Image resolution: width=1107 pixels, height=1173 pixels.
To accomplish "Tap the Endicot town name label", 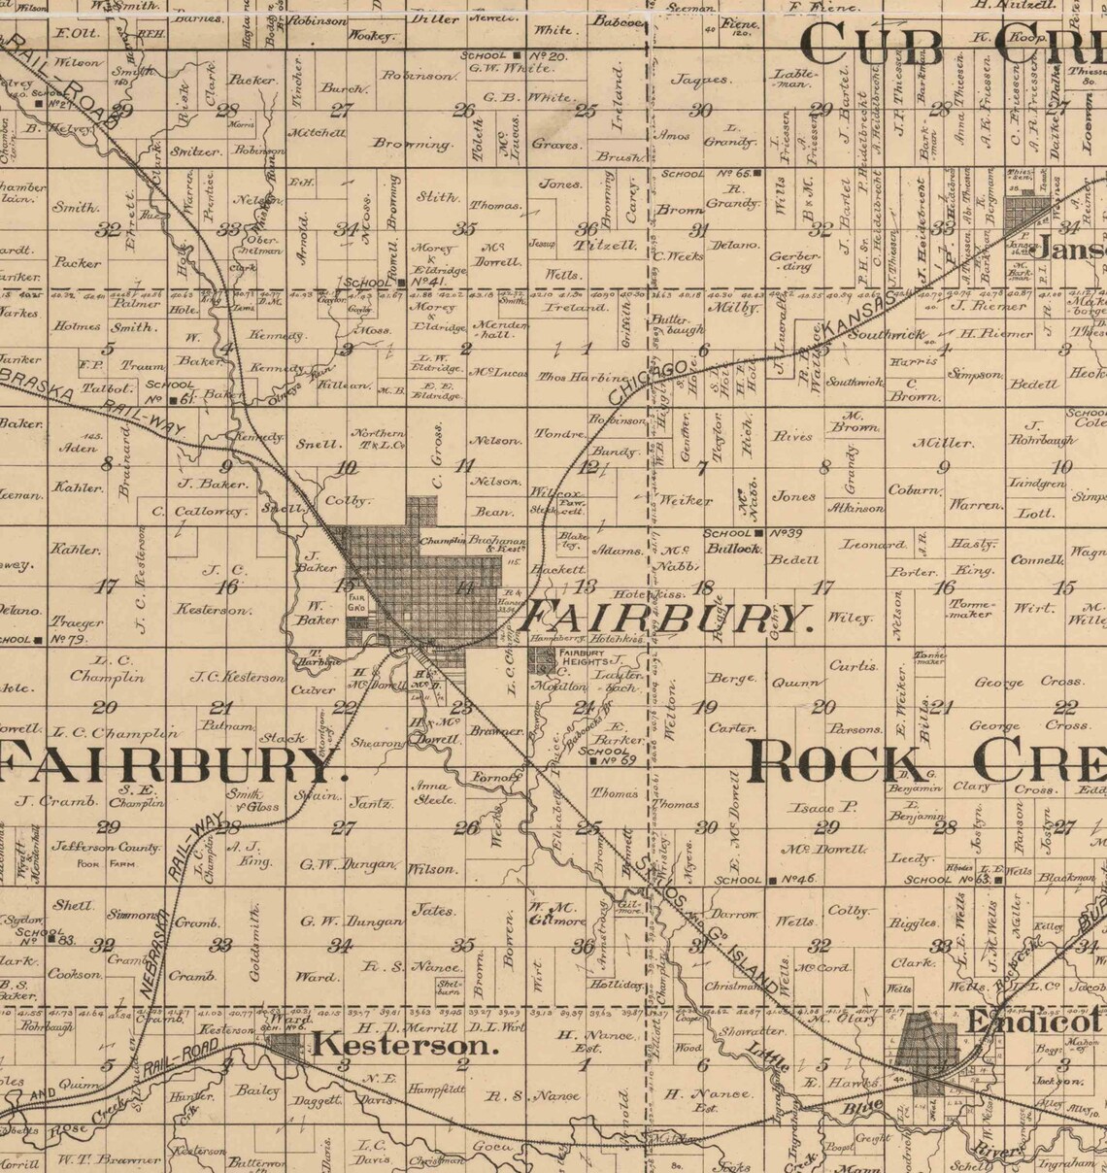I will pyautogui.click(x=1032, y=1022).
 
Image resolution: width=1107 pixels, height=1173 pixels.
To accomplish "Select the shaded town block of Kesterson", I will pyautogui.click(x=285, y=1046).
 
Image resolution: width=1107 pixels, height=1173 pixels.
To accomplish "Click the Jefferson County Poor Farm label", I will pyautogui.click(x=107, y=854).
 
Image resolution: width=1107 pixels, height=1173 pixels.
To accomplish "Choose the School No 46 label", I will pyautogui.click(x=764, y=880).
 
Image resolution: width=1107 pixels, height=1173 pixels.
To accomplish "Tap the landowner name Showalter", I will pyautogui.click(x=752, y=1031).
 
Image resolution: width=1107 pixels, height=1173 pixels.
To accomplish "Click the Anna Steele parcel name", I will pyautogui.click(x=435, y=792).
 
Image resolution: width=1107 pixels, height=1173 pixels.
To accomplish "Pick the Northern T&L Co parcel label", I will pyautogui.click(x=378, y=438).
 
